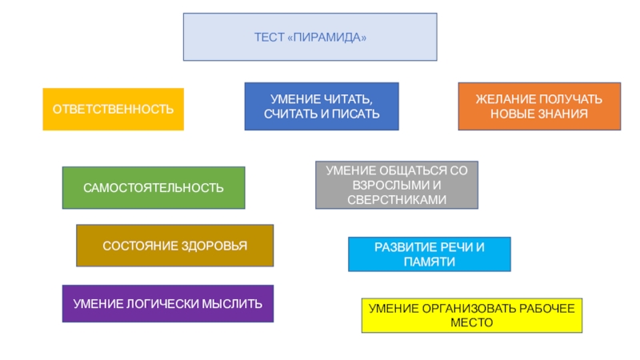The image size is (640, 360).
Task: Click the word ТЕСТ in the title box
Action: click(268, 38)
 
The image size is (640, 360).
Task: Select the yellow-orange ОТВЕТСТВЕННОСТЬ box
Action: click(113, 109)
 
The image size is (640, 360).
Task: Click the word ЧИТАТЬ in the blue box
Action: click(345, 99)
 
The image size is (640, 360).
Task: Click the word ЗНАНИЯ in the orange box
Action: click(562, 114)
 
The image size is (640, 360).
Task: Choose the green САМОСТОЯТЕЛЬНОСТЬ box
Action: click(154, 188)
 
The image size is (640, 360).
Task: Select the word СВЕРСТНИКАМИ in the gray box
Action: click(397, 198)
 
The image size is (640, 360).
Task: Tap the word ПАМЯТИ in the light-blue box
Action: click(429, 262)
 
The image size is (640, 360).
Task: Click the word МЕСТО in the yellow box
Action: click(472, 323)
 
